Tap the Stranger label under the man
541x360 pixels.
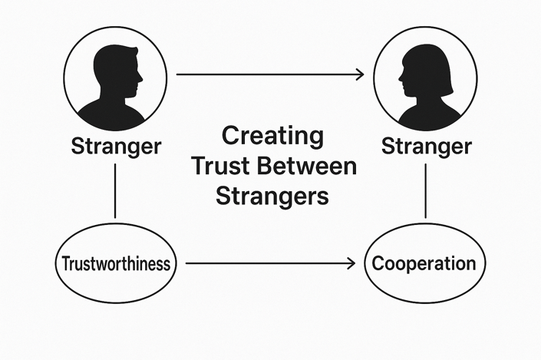point(115,146)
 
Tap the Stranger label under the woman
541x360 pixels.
point(426,146)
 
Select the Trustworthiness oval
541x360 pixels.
point(116,264)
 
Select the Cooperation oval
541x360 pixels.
point(424,264)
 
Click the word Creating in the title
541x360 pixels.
point(272,137)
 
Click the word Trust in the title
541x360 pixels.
point(223,166)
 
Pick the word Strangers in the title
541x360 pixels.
point(272,195)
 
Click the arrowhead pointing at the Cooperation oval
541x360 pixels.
point(351,264)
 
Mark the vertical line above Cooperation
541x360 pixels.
point(426,190)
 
